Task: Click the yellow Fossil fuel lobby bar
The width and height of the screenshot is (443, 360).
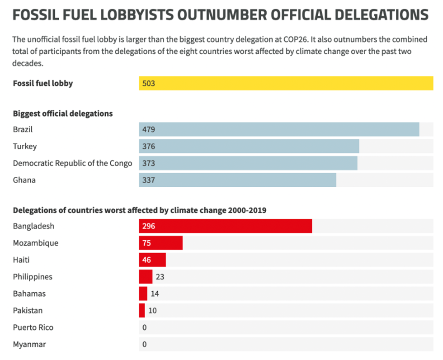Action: click(x=286, y=83)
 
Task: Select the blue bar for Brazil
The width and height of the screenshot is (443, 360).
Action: click(x=279, y=129)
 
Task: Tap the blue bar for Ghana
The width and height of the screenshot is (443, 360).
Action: click(x=237, y=180)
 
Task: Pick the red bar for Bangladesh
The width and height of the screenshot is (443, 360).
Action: click(x=225, y=226)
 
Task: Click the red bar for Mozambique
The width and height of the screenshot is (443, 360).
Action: click(x=160, y=243)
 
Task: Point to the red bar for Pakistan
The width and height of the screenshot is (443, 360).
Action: click(x=142, y=311)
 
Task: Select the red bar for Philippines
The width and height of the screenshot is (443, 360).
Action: click(x=146, y=277)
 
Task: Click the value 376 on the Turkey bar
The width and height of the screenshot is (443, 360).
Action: click(x=149, y=147)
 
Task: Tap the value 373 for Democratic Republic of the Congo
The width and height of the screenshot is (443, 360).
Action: click(x=149, y=163)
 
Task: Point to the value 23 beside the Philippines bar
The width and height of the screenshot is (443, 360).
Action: click(x=160, y=277)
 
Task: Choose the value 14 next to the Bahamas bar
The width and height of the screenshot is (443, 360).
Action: click(x=155, y=294)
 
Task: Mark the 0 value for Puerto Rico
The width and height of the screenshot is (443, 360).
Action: click(x=145, y=327)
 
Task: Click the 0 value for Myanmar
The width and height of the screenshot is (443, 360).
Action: click(x=145, y=345)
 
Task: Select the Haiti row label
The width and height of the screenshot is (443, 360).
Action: click(x=21, y=260)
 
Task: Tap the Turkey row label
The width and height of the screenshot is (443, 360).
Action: click(x=25, y=147)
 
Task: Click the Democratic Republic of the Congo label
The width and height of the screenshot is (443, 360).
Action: click(x=72, y=163)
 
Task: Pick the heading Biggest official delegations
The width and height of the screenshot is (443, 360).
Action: click(x=63, y=114)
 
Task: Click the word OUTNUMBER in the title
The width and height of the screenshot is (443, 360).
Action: click(x=228, y=15)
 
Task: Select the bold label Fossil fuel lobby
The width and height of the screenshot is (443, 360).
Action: click(x=43, y=83)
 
